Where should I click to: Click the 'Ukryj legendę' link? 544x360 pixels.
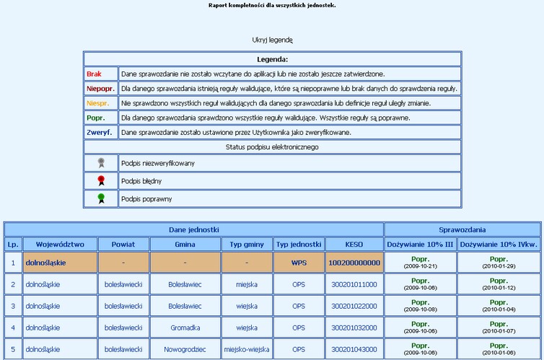pos(272,40)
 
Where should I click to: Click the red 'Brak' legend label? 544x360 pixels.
pos(94,74)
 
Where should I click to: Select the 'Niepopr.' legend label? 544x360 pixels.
pos(100,89)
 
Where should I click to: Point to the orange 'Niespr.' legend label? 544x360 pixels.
pos(98,103)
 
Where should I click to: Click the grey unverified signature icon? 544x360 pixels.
pos(101,163)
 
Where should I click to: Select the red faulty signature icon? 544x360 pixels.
pos(101,180)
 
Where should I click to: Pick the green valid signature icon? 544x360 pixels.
pos(101,198)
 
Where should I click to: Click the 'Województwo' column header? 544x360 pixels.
pos(60,244)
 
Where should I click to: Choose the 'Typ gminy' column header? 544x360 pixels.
pos(247,244)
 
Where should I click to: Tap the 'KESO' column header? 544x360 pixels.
pos(354,244)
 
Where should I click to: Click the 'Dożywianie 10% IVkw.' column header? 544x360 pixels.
pos(499,244)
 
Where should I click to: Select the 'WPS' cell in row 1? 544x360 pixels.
pos(299,263)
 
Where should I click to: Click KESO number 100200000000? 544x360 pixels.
pos(354,263)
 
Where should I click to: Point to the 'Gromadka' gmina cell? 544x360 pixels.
pos(185,328)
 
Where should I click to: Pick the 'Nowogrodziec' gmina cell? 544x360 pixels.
pos(185,349)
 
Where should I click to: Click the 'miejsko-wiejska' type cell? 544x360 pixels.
pos(247,349)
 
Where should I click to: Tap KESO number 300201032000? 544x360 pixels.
pos(354,328)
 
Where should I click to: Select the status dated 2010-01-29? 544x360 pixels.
pos(499,263)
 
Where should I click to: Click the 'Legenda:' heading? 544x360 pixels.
pos(272,58)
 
